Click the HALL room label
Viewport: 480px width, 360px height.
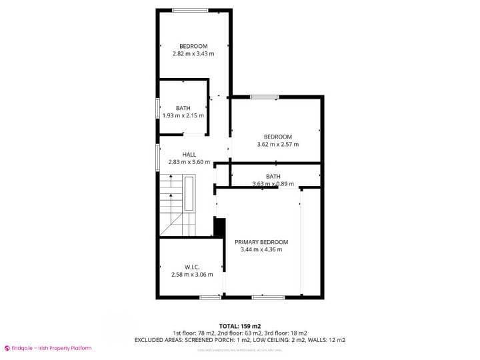pos(189,155)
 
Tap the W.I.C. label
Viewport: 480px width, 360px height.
pos(193,267)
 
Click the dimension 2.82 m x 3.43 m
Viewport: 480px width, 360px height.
pos(193,53)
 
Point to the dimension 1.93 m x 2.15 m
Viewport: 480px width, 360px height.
pos(183,115)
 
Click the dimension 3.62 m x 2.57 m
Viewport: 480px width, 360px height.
pos(278,144)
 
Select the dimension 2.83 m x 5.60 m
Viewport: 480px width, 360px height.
pos(189,162)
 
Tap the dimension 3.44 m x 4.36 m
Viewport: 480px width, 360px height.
pos(261,250)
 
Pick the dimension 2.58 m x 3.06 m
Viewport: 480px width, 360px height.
pos(193,274)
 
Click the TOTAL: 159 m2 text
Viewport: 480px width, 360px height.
pos(239,325)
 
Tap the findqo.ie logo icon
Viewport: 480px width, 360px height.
pos(7,348)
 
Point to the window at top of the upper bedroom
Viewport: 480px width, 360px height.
pos(190,10)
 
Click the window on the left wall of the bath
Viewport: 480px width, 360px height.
pos(158,108)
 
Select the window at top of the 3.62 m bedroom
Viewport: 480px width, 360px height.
pos(264,97)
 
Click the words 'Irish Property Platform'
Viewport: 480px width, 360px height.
pos(65,348)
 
